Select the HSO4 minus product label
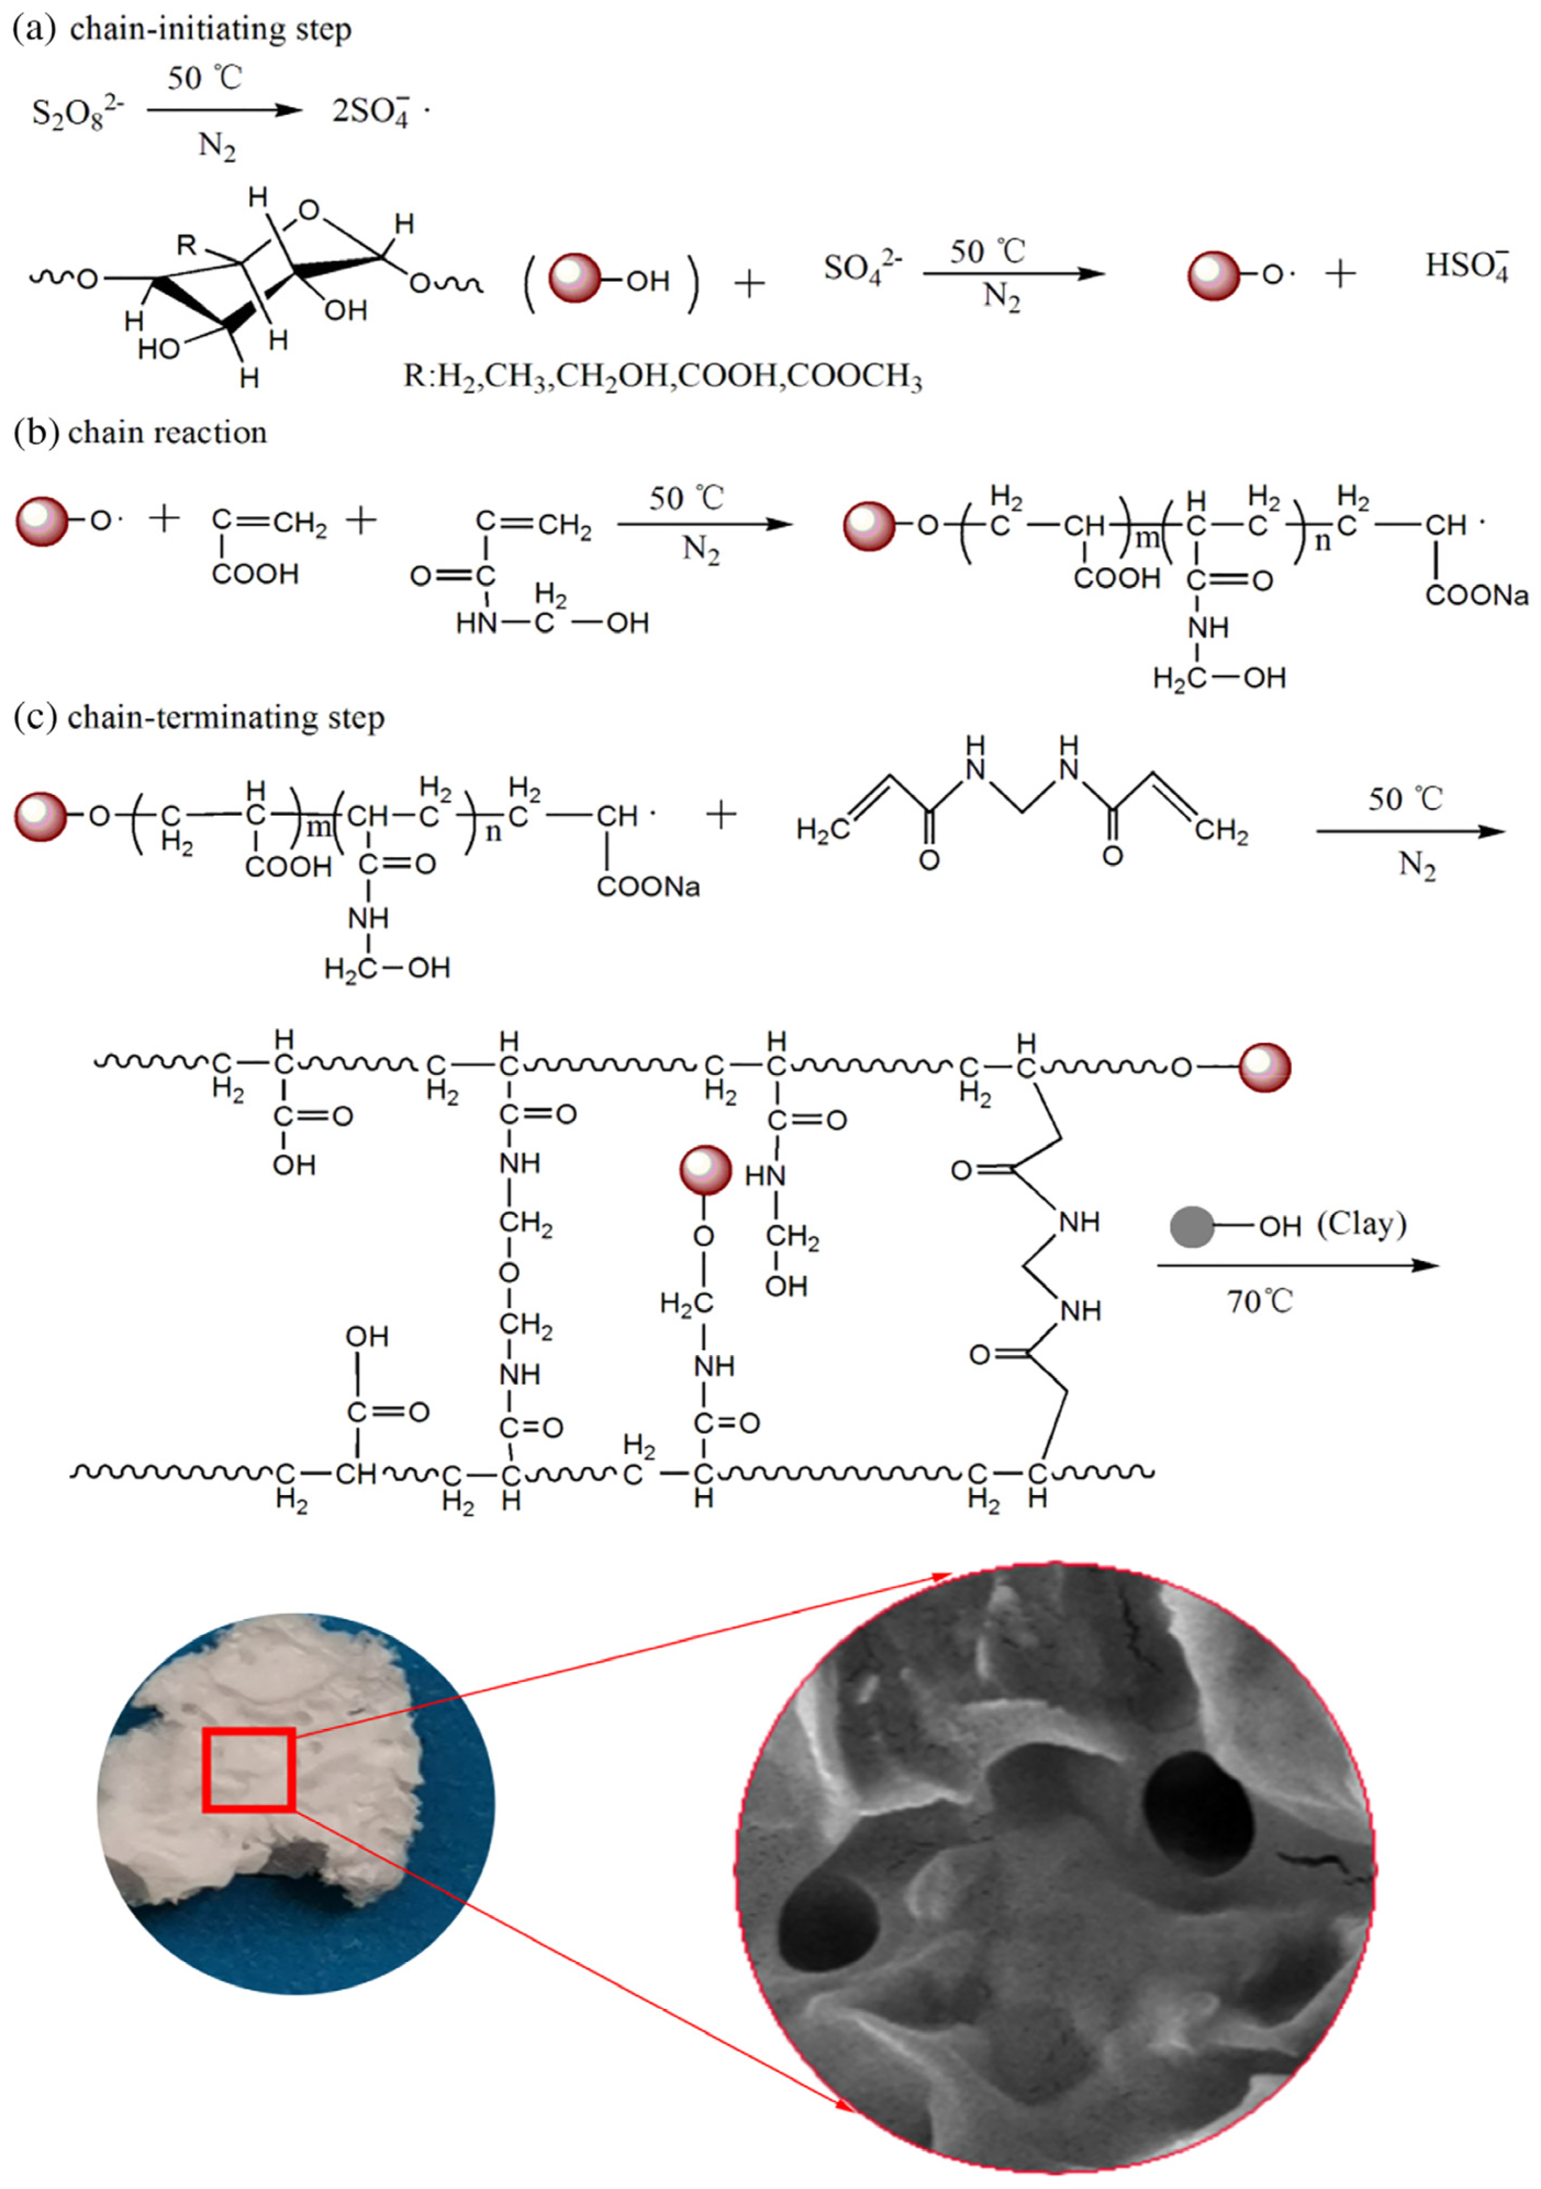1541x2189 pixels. pyautogui.click(x=1466, y=266)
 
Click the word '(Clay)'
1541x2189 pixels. pyautogui.click(x=1361, y=1223)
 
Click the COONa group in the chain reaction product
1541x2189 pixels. pyautogui.click(x=1476, y=596)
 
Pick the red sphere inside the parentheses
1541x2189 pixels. pyautogui.click(x=575, y=279)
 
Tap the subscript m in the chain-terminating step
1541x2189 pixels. pyautogui.click(x=317, y=827)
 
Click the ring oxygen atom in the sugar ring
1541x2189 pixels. pyautogui.click(x=308, y=210)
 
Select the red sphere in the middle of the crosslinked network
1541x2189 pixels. pyautogui.click(x=705, y=1170)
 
